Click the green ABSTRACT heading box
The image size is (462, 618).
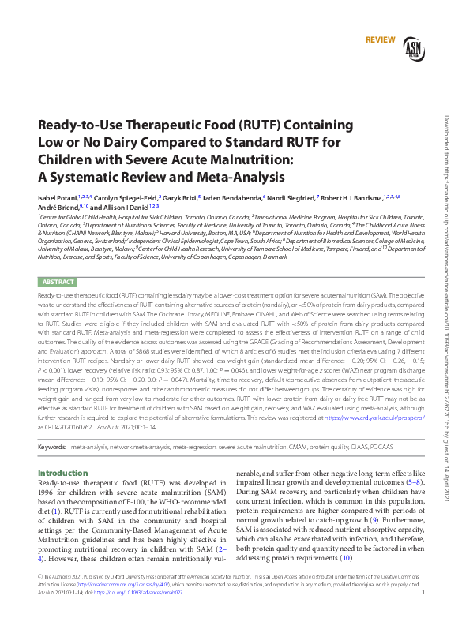click(58, 282)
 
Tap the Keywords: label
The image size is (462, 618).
click(52, 447)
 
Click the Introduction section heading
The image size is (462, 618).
click(64, 473)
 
